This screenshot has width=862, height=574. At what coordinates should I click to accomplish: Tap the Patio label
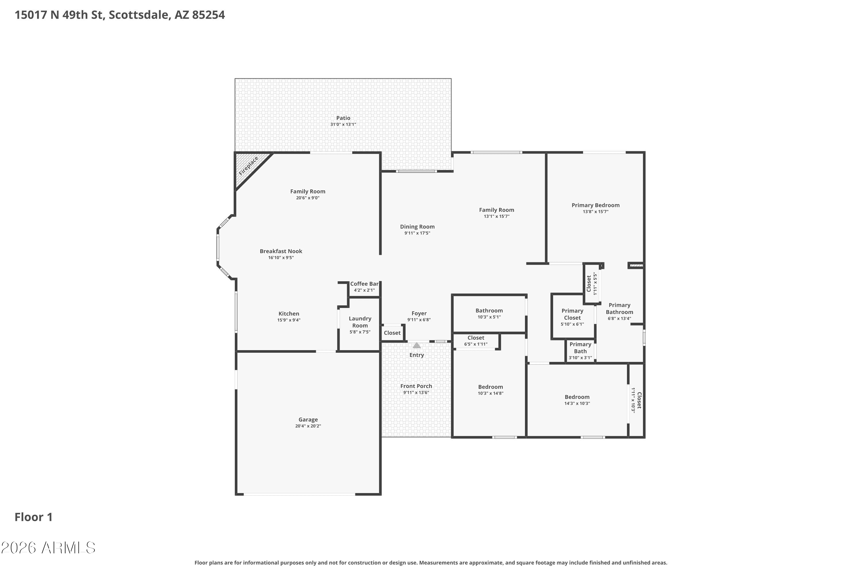tap(343, 118)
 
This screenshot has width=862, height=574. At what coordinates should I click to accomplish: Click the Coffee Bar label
tap(364, 284)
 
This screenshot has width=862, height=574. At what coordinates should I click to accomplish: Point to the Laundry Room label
tap(360, 322)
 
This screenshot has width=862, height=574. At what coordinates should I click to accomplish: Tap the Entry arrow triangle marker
tap(416, 345)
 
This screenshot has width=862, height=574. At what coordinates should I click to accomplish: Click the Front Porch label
tap(416, 386)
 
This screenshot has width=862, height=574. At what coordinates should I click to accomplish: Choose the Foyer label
tap(419, 313)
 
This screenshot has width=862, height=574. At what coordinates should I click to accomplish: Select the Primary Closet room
tap(572, 316)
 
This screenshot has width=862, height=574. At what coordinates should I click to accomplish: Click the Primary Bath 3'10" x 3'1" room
tap(580, 351)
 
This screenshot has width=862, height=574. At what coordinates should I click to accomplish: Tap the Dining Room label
tap(417, 227)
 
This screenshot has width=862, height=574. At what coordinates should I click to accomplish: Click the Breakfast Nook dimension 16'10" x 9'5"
tap(281, 258)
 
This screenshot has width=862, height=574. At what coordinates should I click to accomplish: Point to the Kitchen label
tap(289, 313)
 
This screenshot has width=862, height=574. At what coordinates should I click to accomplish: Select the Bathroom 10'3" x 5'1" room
tap(489, 313)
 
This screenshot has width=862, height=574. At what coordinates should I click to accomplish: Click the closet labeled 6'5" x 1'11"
tap(476, 341)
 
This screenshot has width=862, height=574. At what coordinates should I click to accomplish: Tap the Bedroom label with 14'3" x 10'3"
tap(577, 397)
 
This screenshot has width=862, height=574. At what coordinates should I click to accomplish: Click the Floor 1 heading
tap(33, 517)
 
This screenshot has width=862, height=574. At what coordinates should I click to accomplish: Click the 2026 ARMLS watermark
tap(48, 548)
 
